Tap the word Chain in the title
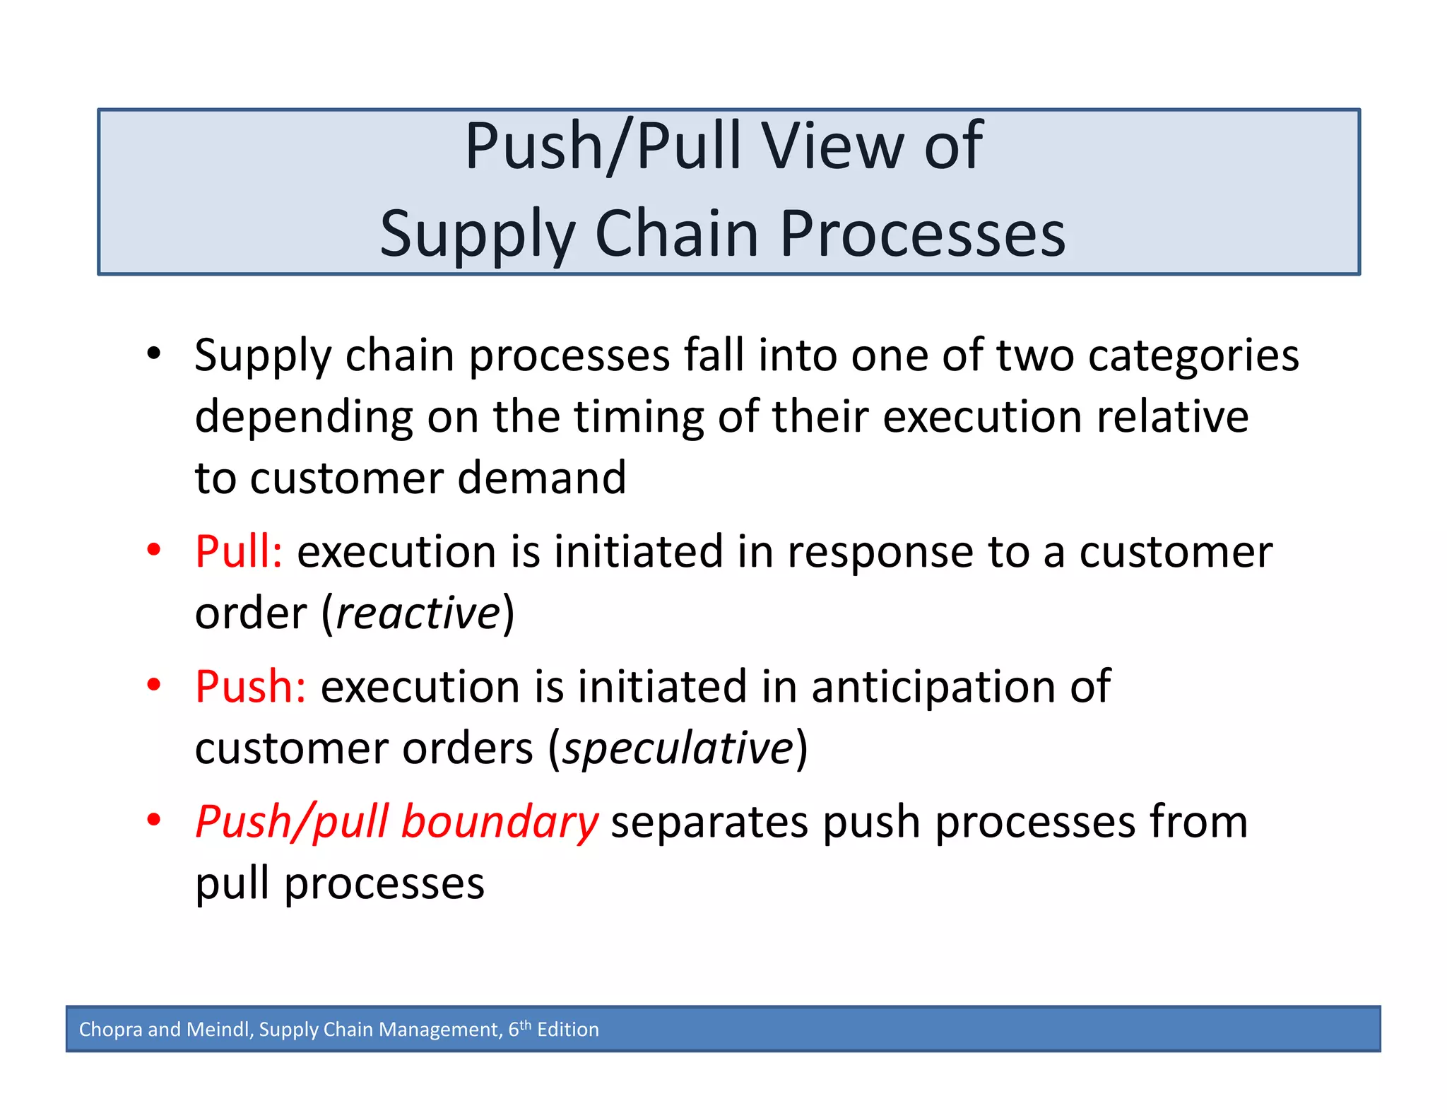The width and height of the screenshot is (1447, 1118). pos(677,234)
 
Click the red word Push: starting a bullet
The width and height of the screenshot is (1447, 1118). pos(251,686)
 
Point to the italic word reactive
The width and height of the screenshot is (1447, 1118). pos(418,613)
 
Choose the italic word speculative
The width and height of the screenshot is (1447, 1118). pos(678,748)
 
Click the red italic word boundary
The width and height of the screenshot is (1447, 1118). pos(500,822)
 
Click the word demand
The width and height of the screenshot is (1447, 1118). pos(541,478)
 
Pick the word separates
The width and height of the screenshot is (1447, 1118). pos(709,822)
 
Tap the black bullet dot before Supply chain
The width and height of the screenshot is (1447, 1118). pos(154,353)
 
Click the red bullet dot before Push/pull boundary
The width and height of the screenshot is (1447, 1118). pos(154,820)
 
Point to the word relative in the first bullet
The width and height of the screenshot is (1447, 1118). pos(1172,416)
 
